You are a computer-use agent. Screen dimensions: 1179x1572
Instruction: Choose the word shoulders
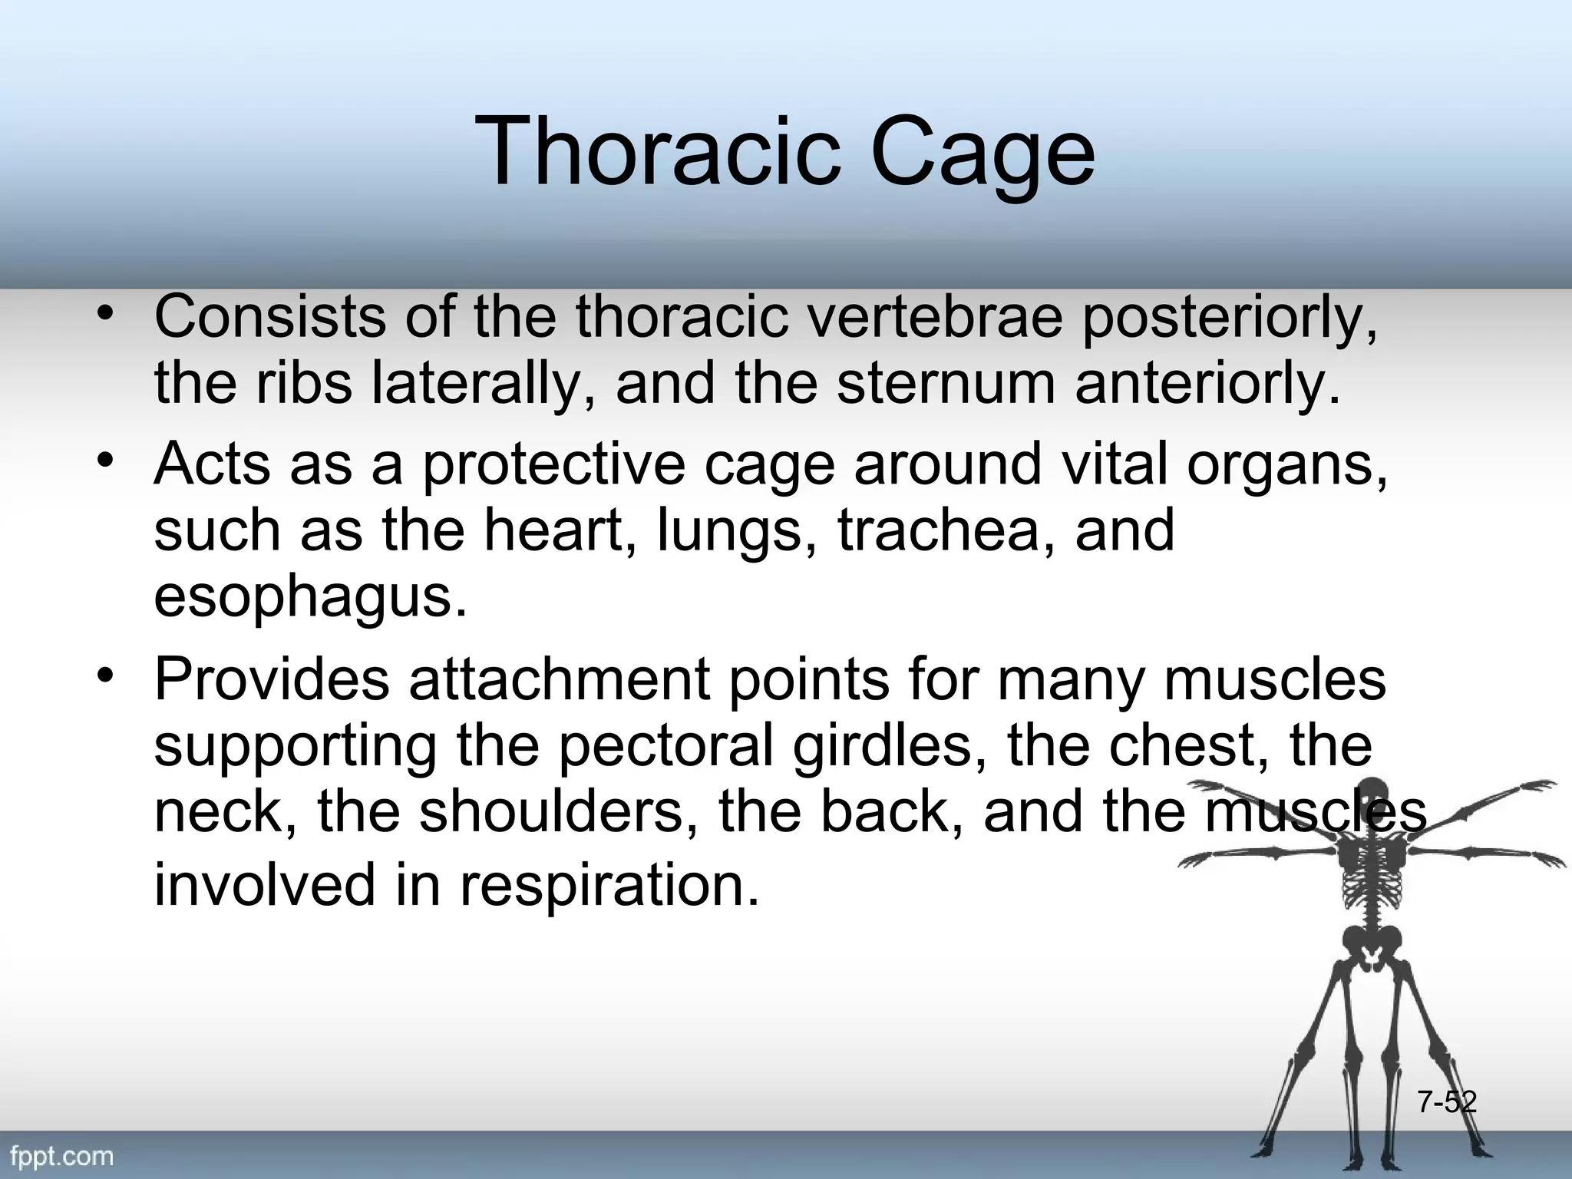tap(550, 812)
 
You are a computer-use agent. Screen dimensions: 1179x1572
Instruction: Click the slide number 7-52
tap(1446, 1102)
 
